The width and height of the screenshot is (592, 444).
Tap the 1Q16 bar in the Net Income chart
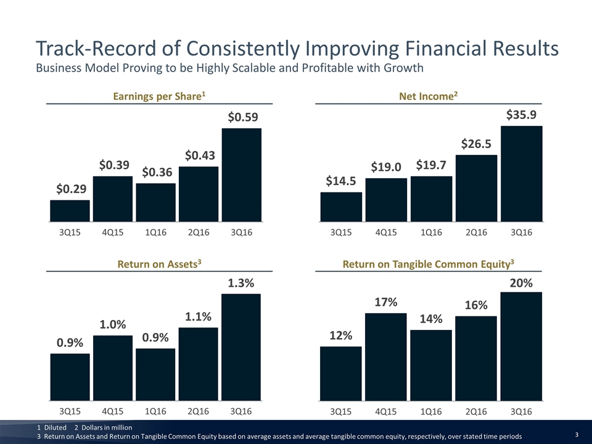point(431,199)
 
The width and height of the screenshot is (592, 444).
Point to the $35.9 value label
point(522,115)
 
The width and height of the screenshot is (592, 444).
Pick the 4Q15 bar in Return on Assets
point(113,366)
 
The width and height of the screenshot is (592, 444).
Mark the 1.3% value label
point(241,283)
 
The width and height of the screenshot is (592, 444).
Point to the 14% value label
point(431,319)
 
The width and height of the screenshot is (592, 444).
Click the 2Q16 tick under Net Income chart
point(476,232)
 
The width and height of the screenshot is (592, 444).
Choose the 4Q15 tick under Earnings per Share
point(113,232)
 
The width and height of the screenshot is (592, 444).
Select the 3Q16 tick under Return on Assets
point(241,410)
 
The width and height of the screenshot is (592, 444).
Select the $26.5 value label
point(476,144)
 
